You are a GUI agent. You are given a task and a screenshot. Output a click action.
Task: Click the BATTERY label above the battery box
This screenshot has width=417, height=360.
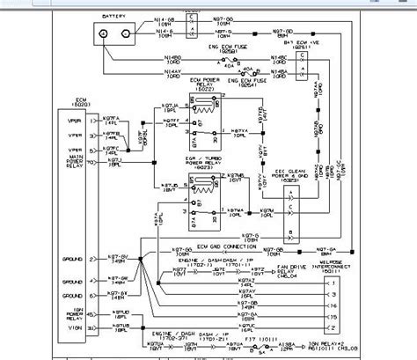click(x=112, y=18)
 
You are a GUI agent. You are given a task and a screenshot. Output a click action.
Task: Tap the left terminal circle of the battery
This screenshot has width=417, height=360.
click(x=104, y=34)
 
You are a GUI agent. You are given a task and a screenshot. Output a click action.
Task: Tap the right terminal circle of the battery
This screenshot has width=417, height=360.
click(x=134, y=34)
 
